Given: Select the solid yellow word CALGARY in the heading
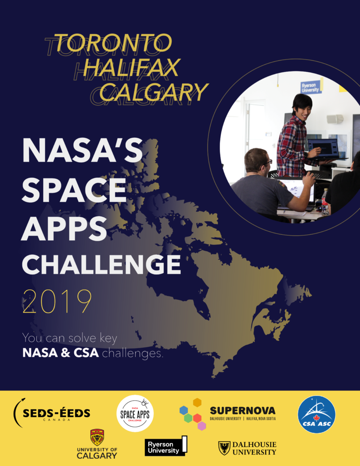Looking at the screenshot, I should coord(154,92).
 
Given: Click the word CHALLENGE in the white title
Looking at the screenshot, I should coord(101,264).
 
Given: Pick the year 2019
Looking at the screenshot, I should coord(57,301).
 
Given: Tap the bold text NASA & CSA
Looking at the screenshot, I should coord(61,353).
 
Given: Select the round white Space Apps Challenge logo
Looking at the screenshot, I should coord(135,413).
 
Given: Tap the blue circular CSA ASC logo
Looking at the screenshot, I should coord(316,414).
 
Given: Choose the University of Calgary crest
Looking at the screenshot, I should coord(97,437).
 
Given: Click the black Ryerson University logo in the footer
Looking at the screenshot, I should coord(166,446).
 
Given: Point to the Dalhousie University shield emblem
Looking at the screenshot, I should coord(224,447).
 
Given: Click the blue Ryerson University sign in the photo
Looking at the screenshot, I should coord(310,87).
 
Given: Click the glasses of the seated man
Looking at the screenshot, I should coord(269,161).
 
